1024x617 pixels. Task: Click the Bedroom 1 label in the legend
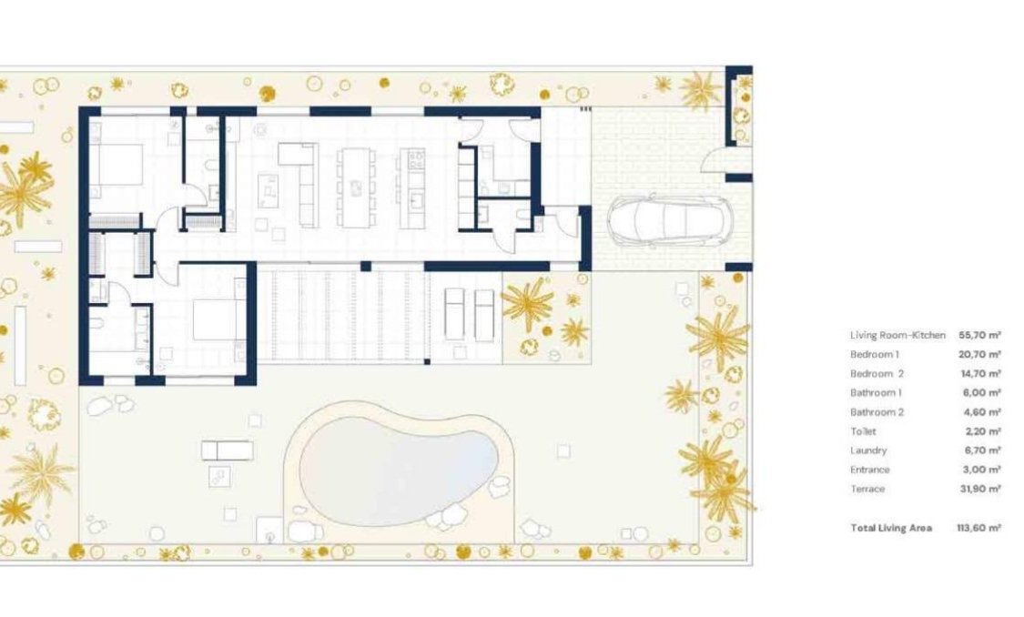874,355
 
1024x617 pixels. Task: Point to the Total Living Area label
890,528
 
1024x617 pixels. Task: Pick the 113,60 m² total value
979,528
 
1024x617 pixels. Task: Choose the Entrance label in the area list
869,470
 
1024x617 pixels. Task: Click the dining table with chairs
355,187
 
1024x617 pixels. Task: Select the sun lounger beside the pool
227,450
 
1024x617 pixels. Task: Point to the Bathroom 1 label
875,393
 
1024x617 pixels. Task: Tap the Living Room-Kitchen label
897,336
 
